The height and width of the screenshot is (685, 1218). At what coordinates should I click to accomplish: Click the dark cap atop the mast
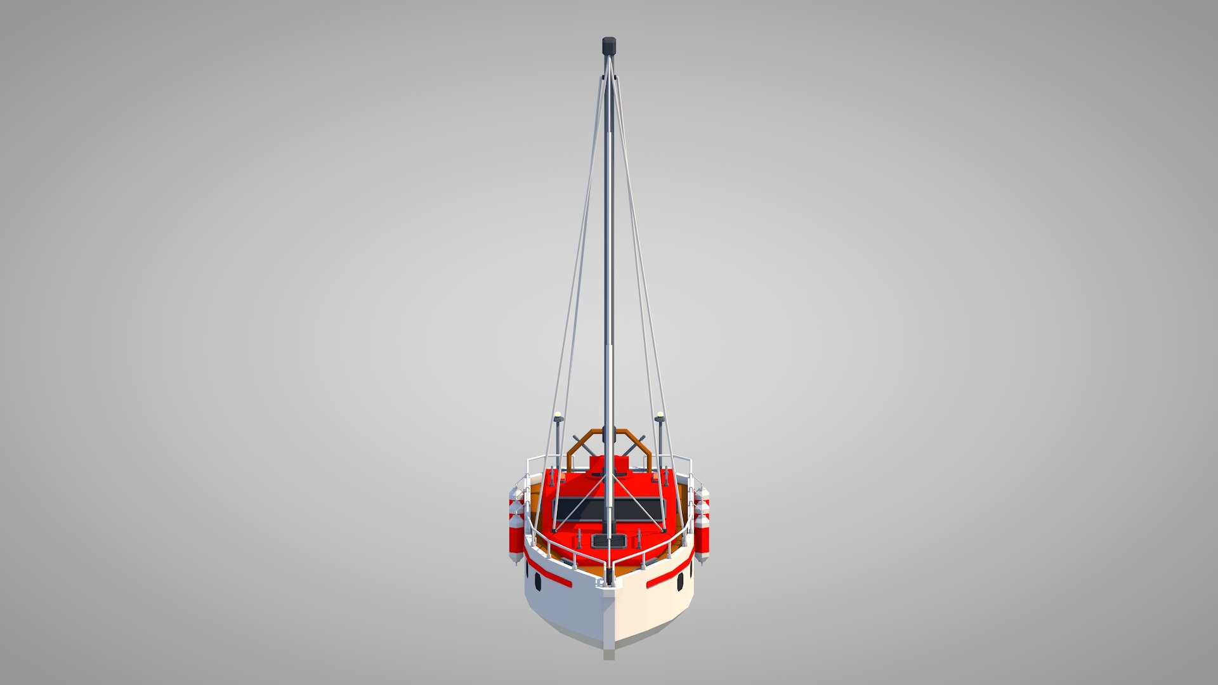click(x=609, y=46)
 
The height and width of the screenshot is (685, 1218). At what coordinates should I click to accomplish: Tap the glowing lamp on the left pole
click(x=558, y=416)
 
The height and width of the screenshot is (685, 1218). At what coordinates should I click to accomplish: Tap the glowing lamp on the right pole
click(x=660, y=416)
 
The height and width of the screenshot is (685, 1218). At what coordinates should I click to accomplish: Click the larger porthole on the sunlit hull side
click(x=680, y=582)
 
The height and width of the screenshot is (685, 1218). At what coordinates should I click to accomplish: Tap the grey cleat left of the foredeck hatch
click(x=579, y=541)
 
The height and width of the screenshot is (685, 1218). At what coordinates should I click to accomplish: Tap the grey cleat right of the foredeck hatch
click(x=638, y=540)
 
